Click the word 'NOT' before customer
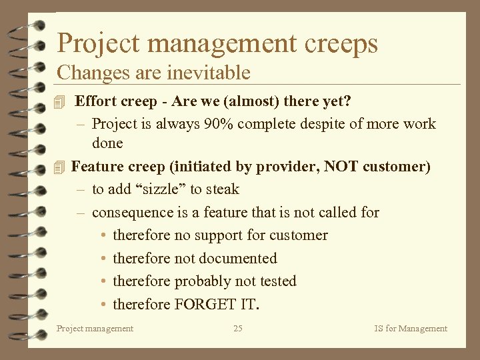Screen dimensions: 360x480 tap(342, 167)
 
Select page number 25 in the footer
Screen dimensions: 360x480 tap(238, 328)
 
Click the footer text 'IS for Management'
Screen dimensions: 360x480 tap(411, 328)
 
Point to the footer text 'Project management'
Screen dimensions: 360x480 tap(95, 328)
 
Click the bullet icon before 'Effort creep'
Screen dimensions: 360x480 tap(61, 102)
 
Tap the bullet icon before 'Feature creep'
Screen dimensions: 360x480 tap(61, 167)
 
